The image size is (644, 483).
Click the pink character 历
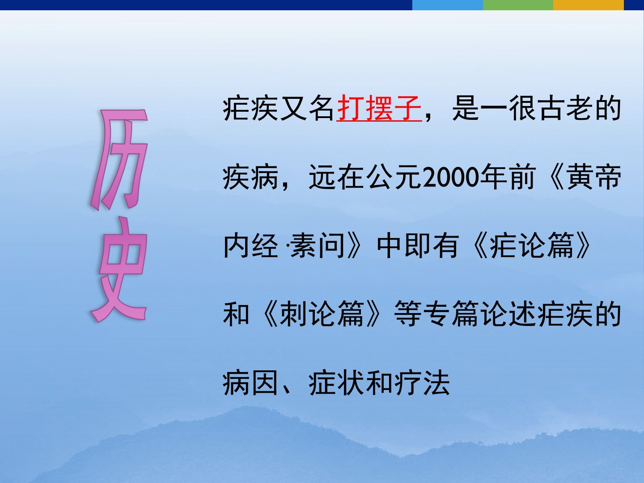click(x=119, y=160)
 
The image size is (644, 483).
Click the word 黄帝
click(x=594, y=177)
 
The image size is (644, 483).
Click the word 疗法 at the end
click(x=422, y=383)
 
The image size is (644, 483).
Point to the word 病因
click(x=250, y=383)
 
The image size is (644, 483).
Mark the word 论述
click(x=508, y=314)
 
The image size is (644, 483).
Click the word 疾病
click(x=250, y=177)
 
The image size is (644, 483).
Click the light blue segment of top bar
click(x=447, y=5)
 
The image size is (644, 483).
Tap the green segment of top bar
click(x=518, y=5)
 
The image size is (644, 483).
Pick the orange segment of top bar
click(x=589, y=5)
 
